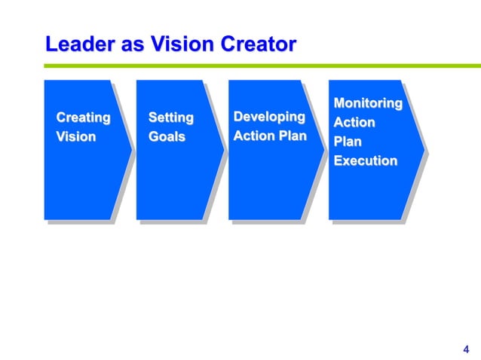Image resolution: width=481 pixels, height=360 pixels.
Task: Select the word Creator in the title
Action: [257, 44]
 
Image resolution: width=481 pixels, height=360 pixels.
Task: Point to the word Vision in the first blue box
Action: [76, 137]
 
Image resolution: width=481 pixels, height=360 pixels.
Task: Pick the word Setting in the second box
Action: [170, 117]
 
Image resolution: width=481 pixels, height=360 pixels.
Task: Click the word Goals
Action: [167, 137]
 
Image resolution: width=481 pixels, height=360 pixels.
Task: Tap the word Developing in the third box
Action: [269, 117]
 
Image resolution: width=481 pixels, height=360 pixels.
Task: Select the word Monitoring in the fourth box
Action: [367, 102]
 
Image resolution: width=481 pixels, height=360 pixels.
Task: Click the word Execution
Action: [365, 160]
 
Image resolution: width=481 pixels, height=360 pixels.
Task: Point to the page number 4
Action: [464, 349]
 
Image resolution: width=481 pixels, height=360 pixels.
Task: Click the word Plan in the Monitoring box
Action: [348, 141]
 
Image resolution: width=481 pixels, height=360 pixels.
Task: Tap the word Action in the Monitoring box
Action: [354, 122]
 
